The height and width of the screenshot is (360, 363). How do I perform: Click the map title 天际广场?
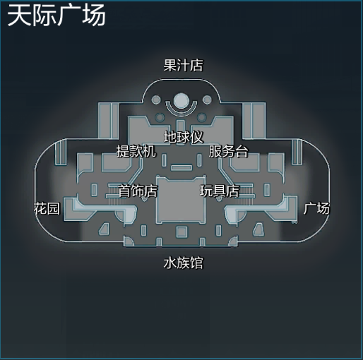pos(56,16)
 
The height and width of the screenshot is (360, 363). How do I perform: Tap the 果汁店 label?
pos(183,66)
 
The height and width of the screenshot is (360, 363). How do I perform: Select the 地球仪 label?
pos(184,137)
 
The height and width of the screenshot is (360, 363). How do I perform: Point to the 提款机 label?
pos(136,151)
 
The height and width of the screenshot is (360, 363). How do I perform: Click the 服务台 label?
pos(228,151)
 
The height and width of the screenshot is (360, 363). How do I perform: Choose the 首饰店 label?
pos(138,191)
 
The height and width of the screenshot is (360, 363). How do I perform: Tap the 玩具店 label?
pos(220,191)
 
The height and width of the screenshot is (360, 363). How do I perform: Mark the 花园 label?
pos(47,208)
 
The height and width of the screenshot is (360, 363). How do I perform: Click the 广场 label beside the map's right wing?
pos(316,208)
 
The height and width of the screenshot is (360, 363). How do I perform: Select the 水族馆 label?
pos(183,263)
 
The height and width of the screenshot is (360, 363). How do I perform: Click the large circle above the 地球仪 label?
pos(181,101)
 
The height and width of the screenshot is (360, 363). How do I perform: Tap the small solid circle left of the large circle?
pos(155,100)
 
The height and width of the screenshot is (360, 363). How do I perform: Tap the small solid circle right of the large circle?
pos(207,100)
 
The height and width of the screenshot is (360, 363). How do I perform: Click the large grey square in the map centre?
pos(181,200)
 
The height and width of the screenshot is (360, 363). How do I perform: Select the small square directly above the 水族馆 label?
pos(181,232)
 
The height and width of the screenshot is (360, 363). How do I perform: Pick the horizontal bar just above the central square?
pos(181,167)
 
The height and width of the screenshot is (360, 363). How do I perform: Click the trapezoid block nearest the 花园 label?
pos(104,229)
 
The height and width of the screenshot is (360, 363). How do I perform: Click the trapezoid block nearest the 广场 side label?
pos(258,229)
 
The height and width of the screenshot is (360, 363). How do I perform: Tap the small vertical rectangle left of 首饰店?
pos(94,190)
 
